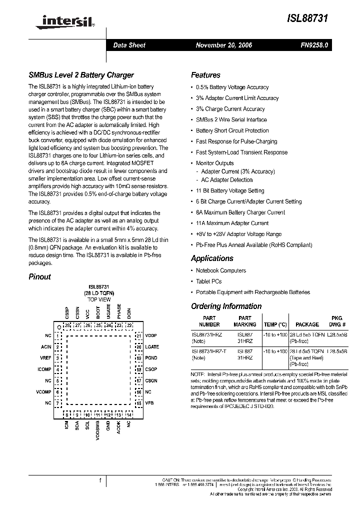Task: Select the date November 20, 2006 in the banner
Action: click(x=223, y=45)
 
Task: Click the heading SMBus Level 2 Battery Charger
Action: click(x=81, y=75)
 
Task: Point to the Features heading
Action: click(x=205, y=75)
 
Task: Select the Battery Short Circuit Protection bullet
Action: click(x=232, y=130)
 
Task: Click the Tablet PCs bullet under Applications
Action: click(x=208, y=281)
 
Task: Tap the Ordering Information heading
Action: click(x=226, y=306)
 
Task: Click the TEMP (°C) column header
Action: click(x=275, y=324)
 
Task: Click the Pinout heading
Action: click(x=39, y=276)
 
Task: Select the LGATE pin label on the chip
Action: click(x=152, y=346)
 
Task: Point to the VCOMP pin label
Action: click(x=44, y=391)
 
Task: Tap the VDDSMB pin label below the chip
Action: click(x=98, y=431)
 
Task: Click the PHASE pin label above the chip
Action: click(x=119, y=311)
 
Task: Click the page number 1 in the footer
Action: click(x=100, y=481)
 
